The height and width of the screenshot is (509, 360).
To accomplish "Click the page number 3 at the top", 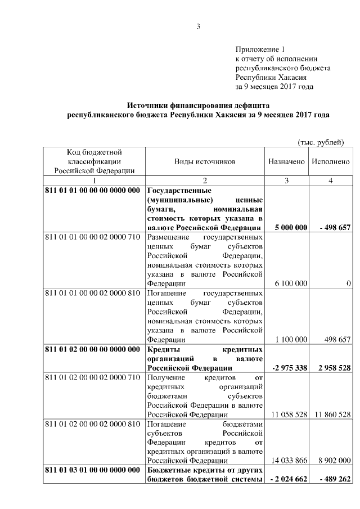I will pyautogui.click(x=198, y=25).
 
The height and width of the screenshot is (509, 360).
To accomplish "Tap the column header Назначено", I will pyautogui.click(x=286, y=161).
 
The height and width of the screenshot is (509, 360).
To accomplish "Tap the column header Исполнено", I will pyautogui.click(x=330, y=161).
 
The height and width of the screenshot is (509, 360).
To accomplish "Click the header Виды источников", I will pyautogui.click(x=205, y=161).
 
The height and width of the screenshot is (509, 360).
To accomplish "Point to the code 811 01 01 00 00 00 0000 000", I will pyautogui.click(x=92, y=190).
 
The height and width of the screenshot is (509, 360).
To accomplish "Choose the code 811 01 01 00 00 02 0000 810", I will pyautogui.click(x=92, y=293).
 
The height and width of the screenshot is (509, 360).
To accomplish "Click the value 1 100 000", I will pyautogui.click(x=291, y=339).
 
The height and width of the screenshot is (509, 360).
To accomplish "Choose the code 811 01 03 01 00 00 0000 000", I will pyautogui.click(x=92, y=470).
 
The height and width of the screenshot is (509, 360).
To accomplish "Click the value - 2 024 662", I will pyautogui.click(x=288, y=479).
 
